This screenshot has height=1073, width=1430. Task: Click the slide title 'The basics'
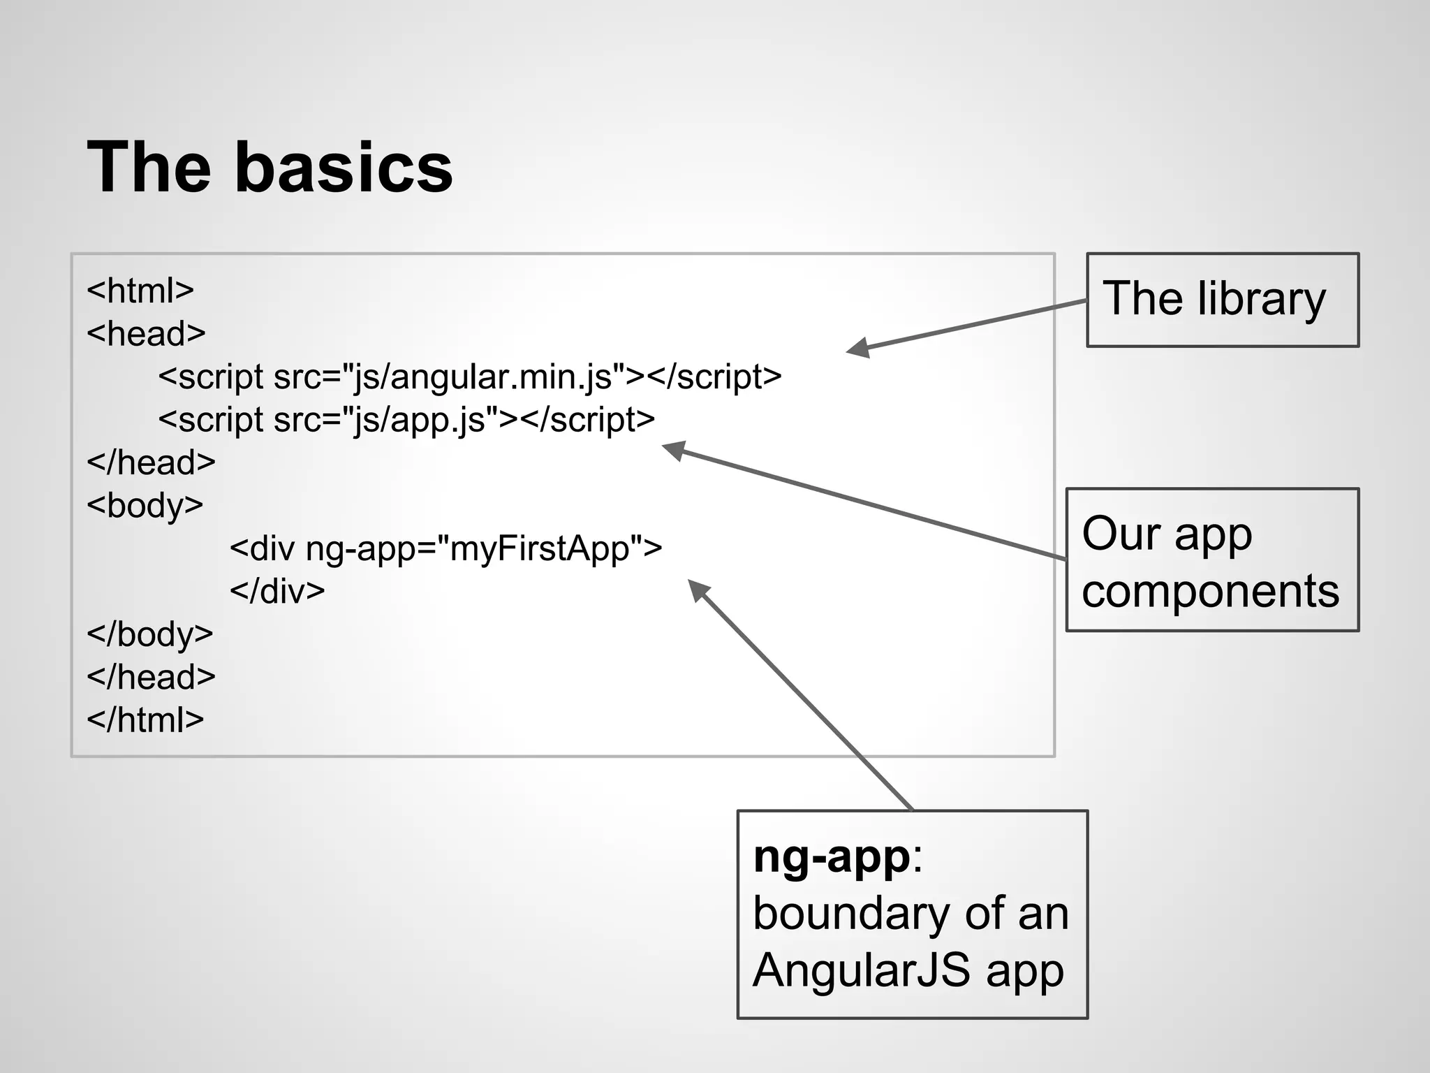(270, 168)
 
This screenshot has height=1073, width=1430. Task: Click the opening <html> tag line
(140, 291)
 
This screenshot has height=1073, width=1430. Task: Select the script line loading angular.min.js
(469, 377)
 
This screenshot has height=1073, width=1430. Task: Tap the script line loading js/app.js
(406, 420)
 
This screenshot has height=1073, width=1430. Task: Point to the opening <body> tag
(145, 505)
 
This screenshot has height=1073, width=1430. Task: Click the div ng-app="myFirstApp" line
(445, 548)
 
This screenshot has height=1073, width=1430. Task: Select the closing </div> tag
(277, 591)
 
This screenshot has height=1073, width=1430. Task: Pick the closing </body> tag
(149, 634)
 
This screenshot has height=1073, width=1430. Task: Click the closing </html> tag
(145, 720)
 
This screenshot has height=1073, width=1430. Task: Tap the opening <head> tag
(145, 333)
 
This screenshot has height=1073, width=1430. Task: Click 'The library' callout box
(1222, 300)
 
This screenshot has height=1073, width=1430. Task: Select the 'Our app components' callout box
(1211, 560)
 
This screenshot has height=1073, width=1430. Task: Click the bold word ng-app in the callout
(831, 856)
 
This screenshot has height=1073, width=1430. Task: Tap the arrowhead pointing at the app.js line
(673, 450)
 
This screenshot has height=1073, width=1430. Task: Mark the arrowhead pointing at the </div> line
(698, 590)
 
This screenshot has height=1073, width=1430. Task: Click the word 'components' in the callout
(1210, 591)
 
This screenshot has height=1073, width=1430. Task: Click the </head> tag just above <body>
(151, 462)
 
